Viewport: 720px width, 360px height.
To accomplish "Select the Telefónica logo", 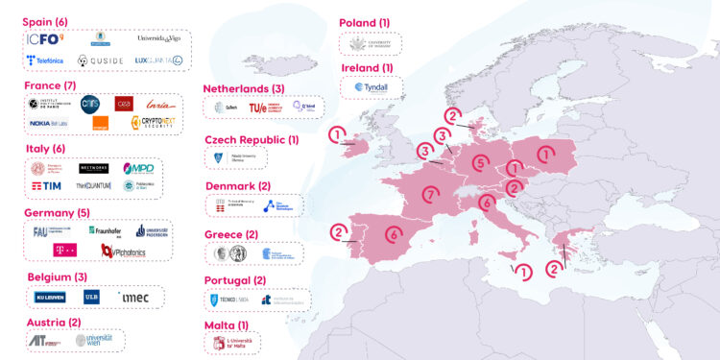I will tap(45, 60).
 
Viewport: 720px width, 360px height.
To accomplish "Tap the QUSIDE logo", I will tap(100, 60).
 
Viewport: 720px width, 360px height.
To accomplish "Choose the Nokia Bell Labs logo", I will tap(47, 123).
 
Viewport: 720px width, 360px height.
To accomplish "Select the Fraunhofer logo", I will tap(104, 230).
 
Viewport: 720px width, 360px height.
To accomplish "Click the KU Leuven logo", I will tap(51, 297).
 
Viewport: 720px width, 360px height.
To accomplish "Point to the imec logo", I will tap(134, 297).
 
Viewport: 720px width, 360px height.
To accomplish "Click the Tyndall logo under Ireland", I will tap(372, 86).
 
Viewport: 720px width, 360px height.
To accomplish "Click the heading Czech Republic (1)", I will tap(252, 140).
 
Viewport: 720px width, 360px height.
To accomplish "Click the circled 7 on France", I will tap(430, 194).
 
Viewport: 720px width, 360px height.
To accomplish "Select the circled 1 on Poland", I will tap(544, 153).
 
